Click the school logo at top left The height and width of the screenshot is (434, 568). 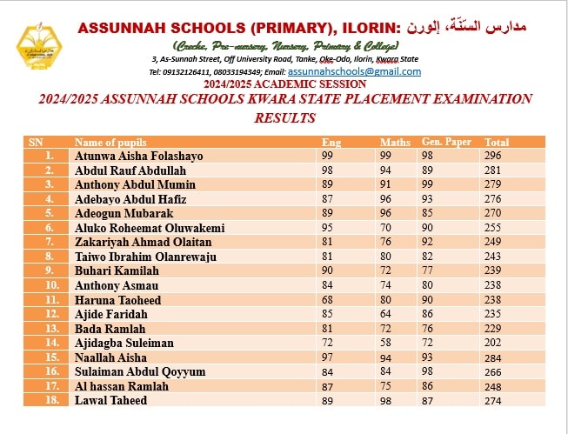38,51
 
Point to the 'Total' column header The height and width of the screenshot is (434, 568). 497,142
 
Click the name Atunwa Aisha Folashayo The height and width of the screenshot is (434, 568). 139,156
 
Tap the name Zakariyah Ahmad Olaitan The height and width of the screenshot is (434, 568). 144,242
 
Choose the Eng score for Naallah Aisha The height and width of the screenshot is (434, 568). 328,357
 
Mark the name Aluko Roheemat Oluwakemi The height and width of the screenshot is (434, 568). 150,228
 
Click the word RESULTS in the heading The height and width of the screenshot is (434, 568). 284,117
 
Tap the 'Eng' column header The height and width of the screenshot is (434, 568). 331,142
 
